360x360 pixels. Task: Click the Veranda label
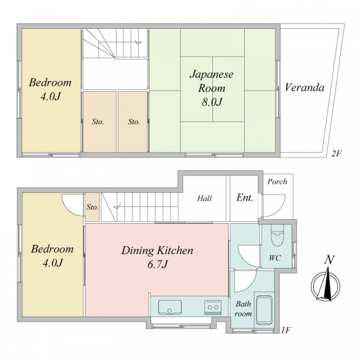(304, 88)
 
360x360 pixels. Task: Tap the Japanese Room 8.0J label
(212, 88)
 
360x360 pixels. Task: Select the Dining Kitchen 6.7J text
(157, 257)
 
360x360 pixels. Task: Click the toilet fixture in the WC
(277, 235)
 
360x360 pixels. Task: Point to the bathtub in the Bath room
(264, 310)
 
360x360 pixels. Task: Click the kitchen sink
(170, 307)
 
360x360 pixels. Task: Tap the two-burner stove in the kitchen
(213, 307)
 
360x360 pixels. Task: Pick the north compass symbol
(325, 286)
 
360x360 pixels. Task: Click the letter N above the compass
(329, 260)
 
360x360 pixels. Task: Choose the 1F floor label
(286, 330)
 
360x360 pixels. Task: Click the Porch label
(277, 182)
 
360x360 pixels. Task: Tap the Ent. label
(245, 197)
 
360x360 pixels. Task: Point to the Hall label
(205, 198)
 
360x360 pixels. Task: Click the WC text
(275, 258)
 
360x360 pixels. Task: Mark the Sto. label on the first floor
(92, 208)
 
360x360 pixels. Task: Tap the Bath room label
(243, 309)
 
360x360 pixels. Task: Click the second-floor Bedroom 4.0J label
(50, 89)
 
